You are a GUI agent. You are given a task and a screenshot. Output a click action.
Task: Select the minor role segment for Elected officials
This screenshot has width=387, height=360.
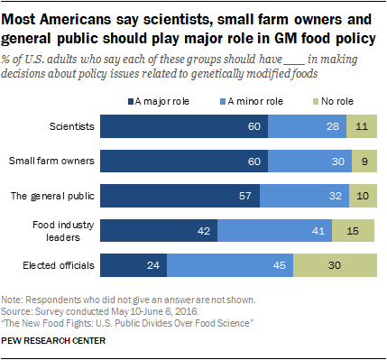click(x=230, y=265)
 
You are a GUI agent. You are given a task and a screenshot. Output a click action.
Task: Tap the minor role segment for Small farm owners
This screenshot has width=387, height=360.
click(x=307, y=162)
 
